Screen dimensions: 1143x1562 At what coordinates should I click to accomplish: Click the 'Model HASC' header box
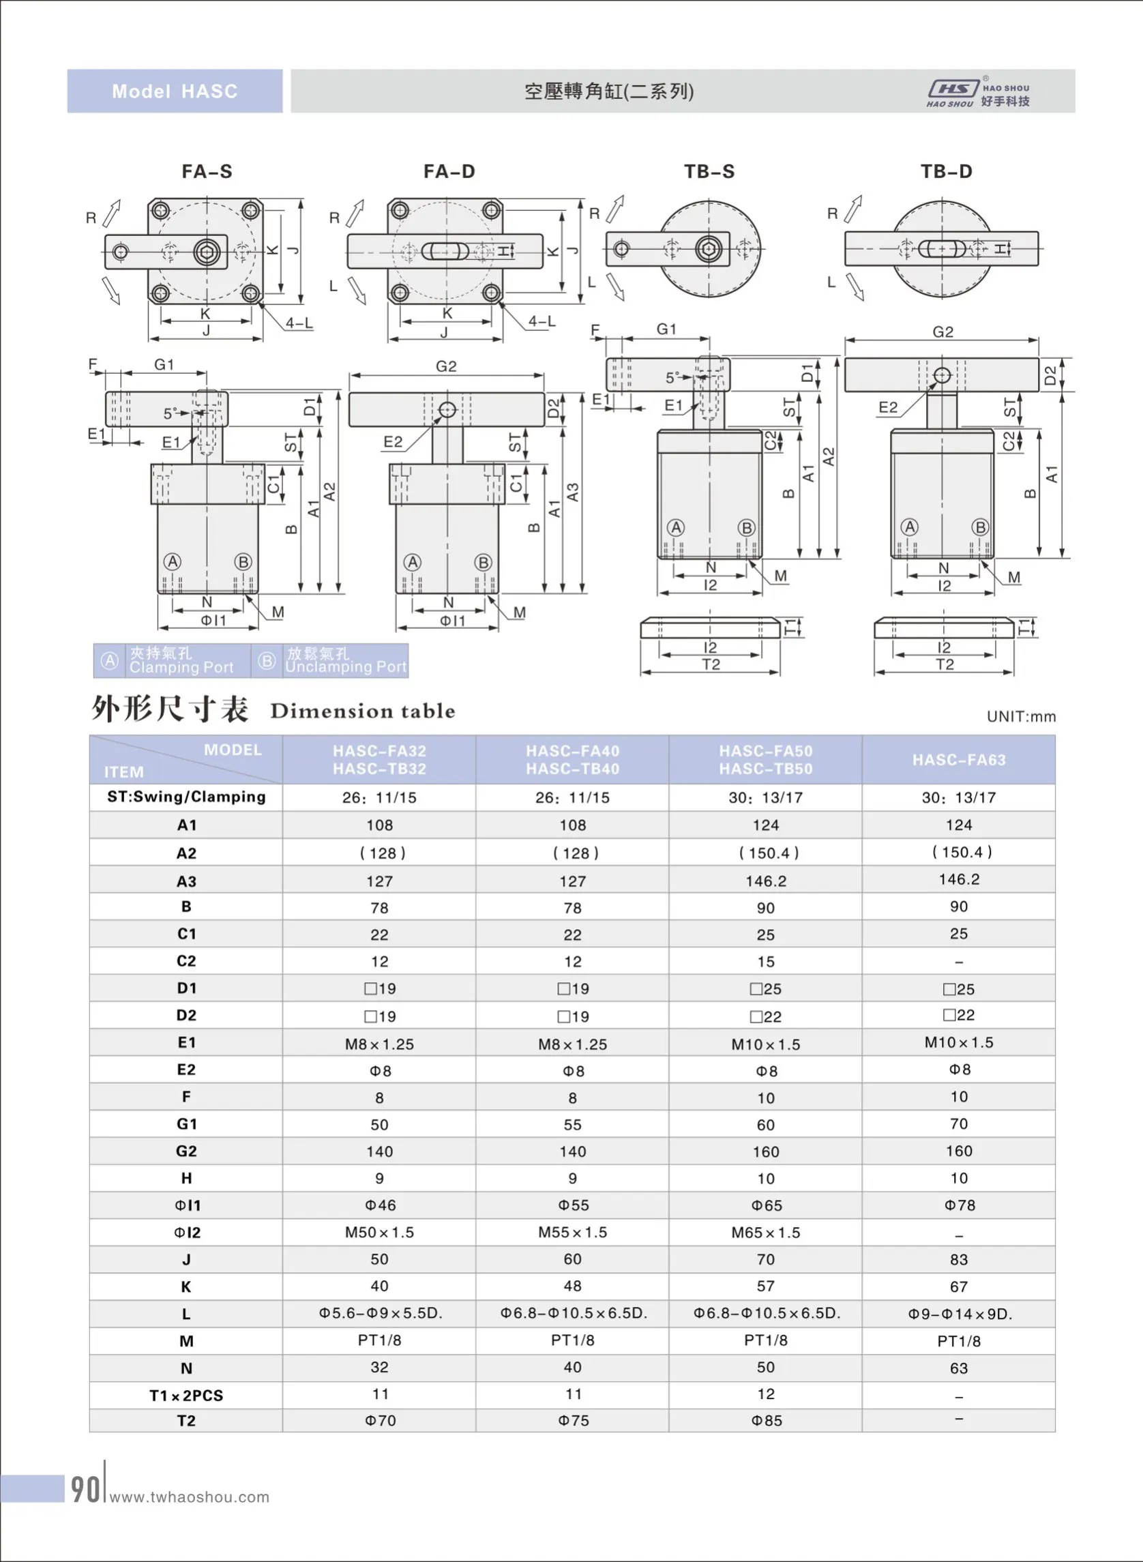point(175,91)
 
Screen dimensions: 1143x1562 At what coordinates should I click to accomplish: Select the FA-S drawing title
point(207,172)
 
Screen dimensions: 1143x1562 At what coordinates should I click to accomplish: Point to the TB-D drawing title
point(946,172)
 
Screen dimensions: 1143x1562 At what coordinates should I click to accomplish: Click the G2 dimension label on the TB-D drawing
point(942,332)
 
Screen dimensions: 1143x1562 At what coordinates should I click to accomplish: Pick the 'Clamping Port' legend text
point(181,667)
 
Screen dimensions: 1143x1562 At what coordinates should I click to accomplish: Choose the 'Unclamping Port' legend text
point(345,666)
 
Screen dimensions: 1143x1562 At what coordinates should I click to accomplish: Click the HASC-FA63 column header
point(958,760)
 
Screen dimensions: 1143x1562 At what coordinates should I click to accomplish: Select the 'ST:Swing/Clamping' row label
point(186,797)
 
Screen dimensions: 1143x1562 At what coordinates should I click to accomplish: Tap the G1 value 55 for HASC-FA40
point(572,1125)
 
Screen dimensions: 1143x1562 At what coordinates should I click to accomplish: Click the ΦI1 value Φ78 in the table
point(960,1205)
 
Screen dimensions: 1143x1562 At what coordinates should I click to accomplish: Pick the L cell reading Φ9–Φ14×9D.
point(960,1314)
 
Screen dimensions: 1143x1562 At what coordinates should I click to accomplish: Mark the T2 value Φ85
point(766,1421)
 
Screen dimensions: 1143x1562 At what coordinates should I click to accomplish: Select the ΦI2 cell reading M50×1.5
point(379,1233)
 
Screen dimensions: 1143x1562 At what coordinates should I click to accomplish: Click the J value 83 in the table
point(958,1260)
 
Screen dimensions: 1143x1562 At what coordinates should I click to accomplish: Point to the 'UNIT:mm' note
point(1020,717)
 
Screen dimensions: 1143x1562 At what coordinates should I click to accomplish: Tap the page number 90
point(86,1488)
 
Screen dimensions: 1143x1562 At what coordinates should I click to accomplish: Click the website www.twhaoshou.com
point(190,1497)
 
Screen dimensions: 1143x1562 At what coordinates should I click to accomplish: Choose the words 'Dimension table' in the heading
point(363,711)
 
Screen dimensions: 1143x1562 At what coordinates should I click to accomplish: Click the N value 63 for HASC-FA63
point(958,1368)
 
